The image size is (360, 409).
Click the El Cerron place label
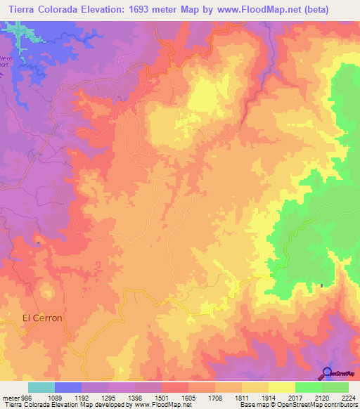tap(43, 318)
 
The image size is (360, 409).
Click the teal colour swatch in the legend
tap(41, 387)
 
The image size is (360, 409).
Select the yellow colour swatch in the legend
tap(281, 387)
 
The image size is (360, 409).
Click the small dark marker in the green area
tap(322, 285)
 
